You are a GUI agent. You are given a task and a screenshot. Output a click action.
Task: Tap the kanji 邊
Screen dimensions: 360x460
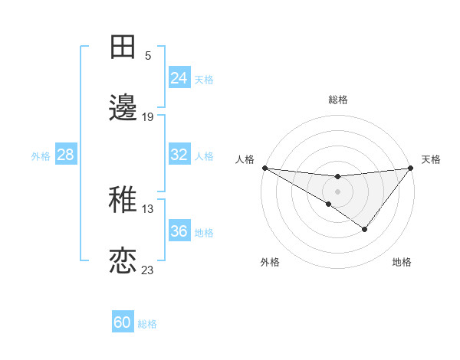click(123, 108)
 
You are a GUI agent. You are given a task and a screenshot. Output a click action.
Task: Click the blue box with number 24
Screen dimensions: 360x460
click(179, 77)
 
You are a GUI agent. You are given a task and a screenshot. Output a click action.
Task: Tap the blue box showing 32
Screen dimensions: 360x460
click(179, 155)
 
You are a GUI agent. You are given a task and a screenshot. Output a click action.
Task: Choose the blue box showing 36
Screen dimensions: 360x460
click(179, 231)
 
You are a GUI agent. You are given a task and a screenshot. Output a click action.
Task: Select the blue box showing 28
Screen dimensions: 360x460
click(66, 155)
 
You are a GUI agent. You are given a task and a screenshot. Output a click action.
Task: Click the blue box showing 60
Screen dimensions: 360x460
click(123, 322)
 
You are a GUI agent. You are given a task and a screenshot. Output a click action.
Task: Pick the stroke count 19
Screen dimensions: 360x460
click(148, 116)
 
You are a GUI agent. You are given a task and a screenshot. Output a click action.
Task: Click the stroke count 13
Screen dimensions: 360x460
click(148, 208)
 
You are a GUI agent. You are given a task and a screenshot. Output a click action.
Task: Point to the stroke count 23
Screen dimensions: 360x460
click(148, 270)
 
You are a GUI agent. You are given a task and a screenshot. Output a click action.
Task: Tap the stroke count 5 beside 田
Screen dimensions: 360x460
click(148, 55)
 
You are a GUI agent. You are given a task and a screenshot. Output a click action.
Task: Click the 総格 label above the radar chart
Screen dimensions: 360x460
click(338, 100)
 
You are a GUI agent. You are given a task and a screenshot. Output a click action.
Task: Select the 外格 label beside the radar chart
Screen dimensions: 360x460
click(270, 262)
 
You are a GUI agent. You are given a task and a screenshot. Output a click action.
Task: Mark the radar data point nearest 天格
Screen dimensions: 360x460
click(412, 168)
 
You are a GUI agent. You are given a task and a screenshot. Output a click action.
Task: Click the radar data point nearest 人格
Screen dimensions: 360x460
click(264, 168)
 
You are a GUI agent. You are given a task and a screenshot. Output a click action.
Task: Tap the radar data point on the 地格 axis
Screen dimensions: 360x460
click(365, 229)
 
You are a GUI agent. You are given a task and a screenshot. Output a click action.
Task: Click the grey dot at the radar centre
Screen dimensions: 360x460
click(338, 191)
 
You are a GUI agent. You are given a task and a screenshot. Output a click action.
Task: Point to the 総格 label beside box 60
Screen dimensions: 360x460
click(147, 324)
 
